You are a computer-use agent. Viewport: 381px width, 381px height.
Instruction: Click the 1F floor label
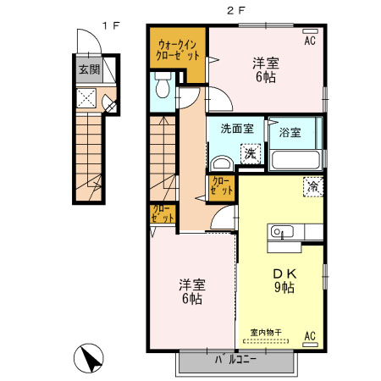[x=110, y=26]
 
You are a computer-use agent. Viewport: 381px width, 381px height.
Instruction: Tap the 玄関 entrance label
[x=89, y=70]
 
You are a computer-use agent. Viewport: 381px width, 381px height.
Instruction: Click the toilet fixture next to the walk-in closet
[x=163, y=85]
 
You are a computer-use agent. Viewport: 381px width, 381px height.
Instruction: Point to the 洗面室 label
[x=237, y=130]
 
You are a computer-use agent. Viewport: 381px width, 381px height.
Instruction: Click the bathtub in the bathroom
[x=294, y=158]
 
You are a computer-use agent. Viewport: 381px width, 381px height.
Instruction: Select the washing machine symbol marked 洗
[x=251, y=153]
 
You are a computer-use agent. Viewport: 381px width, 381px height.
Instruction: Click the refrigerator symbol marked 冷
[x=312, y=186]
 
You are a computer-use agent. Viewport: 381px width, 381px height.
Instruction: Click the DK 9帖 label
[x=283, y=280]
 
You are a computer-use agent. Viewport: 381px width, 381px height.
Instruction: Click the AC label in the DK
[x=309, y=336]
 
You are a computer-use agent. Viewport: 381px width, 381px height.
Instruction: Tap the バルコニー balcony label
[x=235, y=362]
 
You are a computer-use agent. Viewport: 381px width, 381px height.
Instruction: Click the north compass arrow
[x=89, y=359]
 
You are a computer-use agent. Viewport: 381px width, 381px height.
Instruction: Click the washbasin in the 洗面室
[x=222, y=164]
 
